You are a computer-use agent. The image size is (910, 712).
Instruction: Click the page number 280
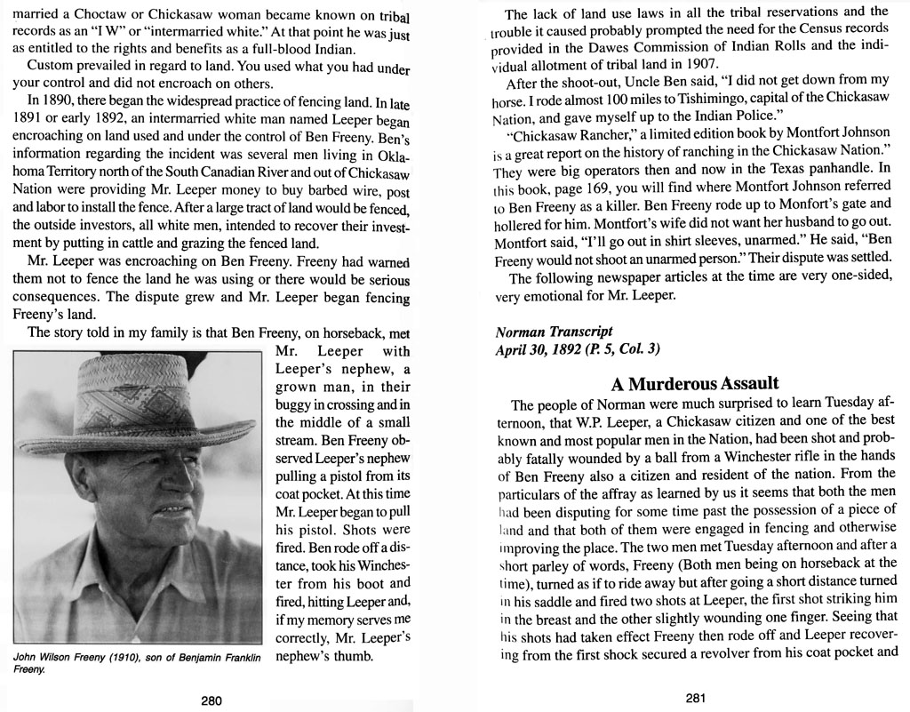[x=211, y=700]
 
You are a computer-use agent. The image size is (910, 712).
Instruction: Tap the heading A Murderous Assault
[x=695, y=383]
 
